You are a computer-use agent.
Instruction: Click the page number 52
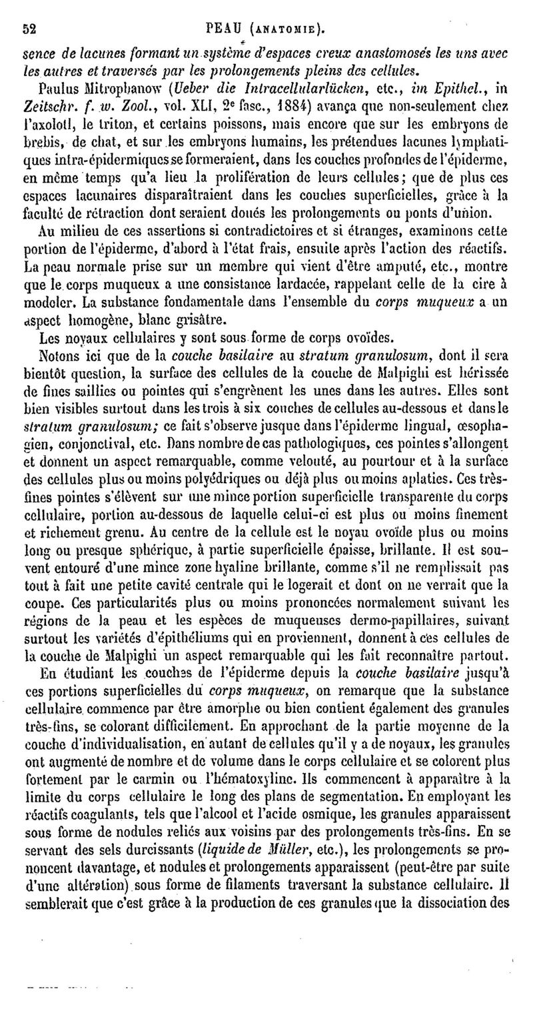click(x=29, y=28)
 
